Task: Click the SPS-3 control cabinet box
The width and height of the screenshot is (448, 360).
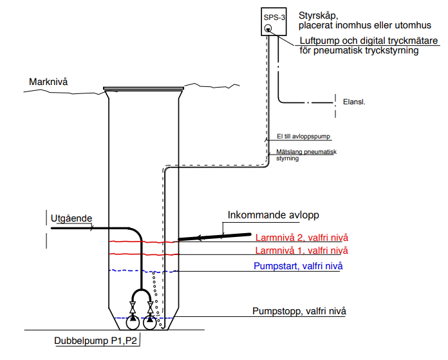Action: tap(274, 22)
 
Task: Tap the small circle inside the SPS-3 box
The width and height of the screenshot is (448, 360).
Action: tap(268, 28)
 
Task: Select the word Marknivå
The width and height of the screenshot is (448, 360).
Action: tap(48, 82)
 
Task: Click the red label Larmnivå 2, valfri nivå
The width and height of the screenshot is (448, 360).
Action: tap(302, 236)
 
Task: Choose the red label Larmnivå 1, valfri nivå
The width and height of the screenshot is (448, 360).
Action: tap(302, 251)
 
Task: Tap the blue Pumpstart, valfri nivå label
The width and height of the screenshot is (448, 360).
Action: tap(297, 267)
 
